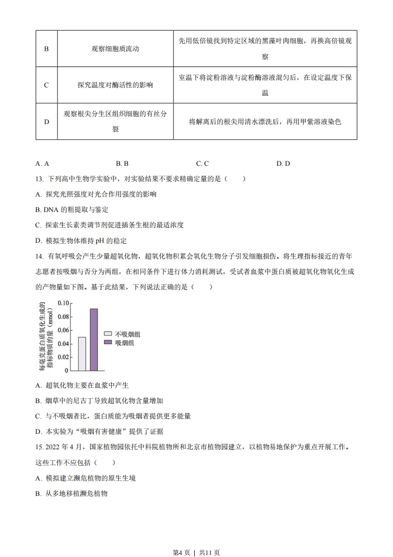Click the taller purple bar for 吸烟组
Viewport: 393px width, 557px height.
coord(94,340)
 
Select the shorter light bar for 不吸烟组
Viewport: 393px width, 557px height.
coord(82,353)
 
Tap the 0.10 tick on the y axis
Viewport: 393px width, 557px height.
coord(62,303)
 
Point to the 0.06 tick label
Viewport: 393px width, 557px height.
coord(62,330)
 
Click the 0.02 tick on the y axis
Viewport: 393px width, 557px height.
coord(62,357)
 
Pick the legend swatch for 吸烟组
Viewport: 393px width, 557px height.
coord(108,343)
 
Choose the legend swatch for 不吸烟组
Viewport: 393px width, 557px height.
coord(108,334)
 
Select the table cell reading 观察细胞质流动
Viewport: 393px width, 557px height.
coord(115,49)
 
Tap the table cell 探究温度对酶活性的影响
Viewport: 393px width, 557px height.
coord(115,85)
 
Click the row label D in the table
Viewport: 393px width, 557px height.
coord(47,122)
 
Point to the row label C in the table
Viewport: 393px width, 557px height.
coord(47,85)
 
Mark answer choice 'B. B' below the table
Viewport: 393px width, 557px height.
coord(122,163)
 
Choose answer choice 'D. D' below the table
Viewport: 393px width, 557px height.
coord(283,163)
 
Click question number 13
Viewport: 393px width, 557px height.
coord(40,179)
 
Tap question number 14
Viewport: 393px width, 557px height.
coord(40,256)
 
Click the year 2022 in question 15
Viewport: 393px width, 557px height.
coord(53,447)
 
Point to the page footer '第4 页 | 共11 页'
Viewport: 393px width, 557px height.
coord(196,538)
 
